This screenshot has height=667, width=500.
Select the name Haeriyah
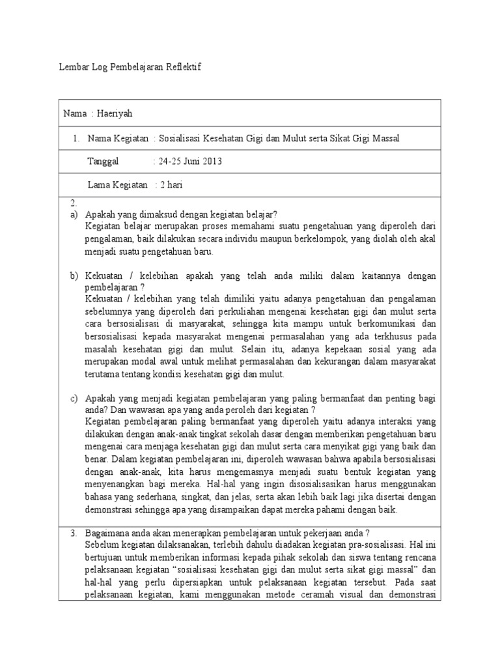(115, 113)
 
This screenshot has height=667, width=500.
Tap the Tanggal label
(103, 162)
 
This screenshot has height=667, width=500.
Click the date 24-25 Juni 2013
(189, 162)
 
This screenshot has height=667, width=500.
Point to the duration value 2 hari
(171, 185)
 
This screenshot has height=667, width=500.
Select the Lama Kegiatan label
(118, 185)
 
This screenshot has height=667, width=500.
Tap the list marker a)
(74, 214)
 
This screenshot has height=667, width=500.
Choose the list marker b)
(74, 276)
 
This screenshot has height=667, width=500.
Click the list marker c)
(74, 397)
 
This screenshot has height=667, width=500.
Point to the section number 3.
(74, 533)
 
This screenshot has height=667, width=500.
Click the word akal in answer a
(427, 239)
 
